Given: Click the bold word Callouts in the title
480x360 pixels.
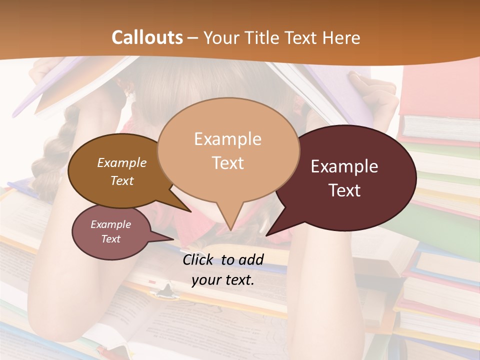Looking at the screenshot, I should (x=147, y=37).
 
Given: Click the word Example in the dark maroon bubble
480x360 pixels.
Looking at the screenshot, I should (x=344, y=166).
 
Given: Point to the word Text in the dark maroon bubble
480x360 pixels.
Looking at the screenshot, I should (x=344, y=190).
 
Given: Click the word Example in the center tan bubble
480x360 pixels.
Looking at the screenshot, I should (x=227, y=139).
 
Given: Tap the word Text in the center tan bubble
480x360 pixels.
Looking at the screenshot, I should (x=227, y=163).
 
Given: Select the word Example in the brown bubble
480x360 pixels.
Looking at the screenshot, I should (x=122, y=162).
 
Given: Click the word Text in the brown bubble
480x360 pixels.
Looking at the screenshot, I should (x=122, y=180).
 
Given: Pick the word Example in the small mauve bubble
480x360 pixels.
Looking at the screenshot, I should (x=111, y=224).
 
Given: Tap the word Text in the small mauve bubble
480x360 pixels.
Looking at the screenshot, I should (x=111, y=239).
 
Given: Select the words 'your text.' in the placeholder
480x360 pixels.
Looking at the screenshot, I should (x=223, y=280).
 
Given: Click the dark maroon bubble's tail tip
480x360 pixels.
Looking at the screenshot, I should (x=266, y=235).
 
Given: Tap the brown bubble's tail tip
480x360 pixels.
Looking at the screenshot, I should (x=190, y=211).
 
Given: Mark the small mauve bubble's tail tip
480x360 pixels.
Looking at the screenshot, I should (x=173, y=239).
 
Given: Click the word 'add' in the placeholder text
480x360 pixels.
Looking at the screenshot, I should (x=251, y=259).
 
